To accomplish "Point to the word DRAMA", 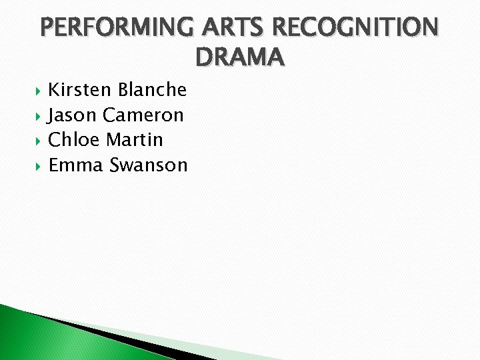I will click(x=240, y=58).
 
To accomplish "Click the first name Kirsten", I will click(x=80, y=89).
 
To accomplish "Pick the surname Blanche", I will click(x=152, y=89).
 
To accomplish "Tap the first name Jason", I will click(x=73, y=115).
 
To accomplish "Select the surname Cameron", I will click(x=143, y=115).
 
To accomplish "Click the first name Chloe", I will click(x=75, y=140).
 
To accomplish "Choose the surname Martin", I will click(x=134, y=140).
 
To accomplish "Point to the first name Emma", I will click(x=75, y=165).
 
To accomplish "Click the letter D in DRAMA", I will click(x=205, y=58).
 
